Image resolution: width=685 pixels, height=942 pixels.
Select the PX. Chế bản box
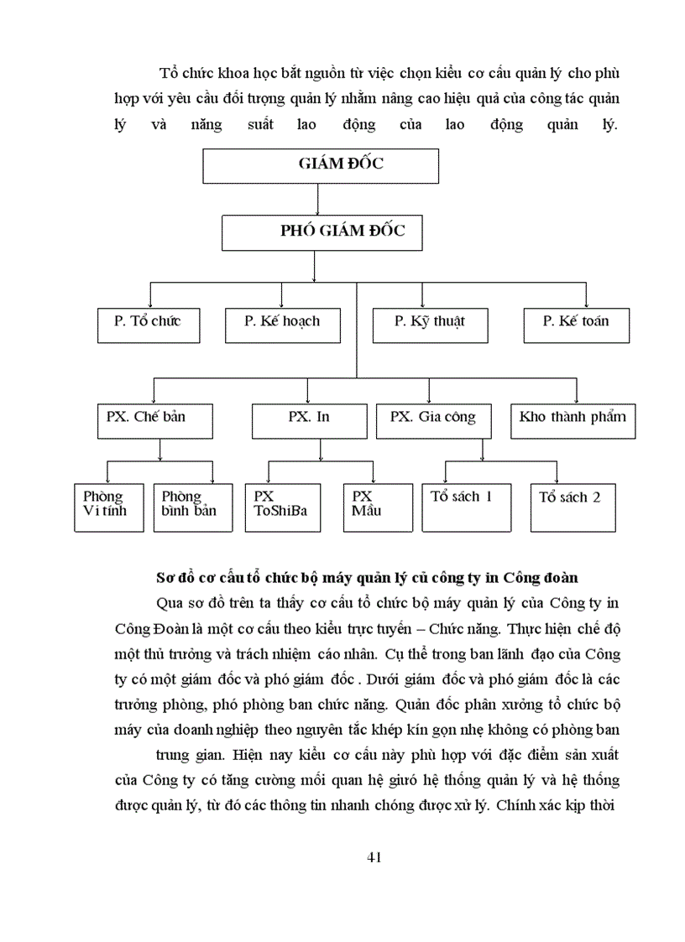[x=153, y=420]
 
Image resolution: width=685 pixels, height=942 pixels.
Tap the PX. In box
[x=310, y=420]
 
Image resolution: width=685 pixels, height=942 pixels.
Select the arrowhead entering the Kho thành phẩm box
[x=576, y=400]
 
